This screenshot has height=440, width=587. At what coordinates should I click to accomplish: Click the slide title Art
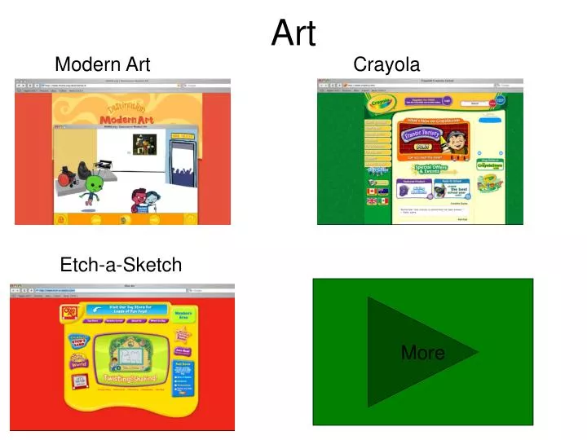point(293,33)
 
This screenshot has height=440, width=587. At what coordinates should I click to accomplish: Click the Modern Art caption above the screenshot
point(102,64)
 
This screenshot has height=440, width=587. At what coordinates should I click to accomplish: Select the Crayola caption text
point(386,64)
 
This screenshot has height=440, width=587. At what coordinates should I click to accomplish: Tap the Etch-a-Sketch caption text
point(121,265)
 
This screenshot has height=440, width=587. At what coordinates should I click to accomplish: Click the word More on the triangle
point(422,353)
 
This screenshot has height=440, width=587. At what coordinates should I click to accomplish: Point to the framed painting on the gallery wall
point(144,144)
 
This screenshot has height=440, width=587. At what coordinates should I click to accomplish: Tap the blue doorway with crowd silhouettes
point(183,163)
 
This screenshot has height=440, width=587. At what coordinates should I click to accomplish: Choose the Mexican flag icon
point(384,201)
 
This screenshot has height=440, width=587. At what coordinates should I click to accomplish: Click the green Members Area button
point(183,314)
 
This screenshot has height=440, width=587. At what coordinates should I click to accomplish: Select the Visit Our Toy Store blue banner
point(122,310)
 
